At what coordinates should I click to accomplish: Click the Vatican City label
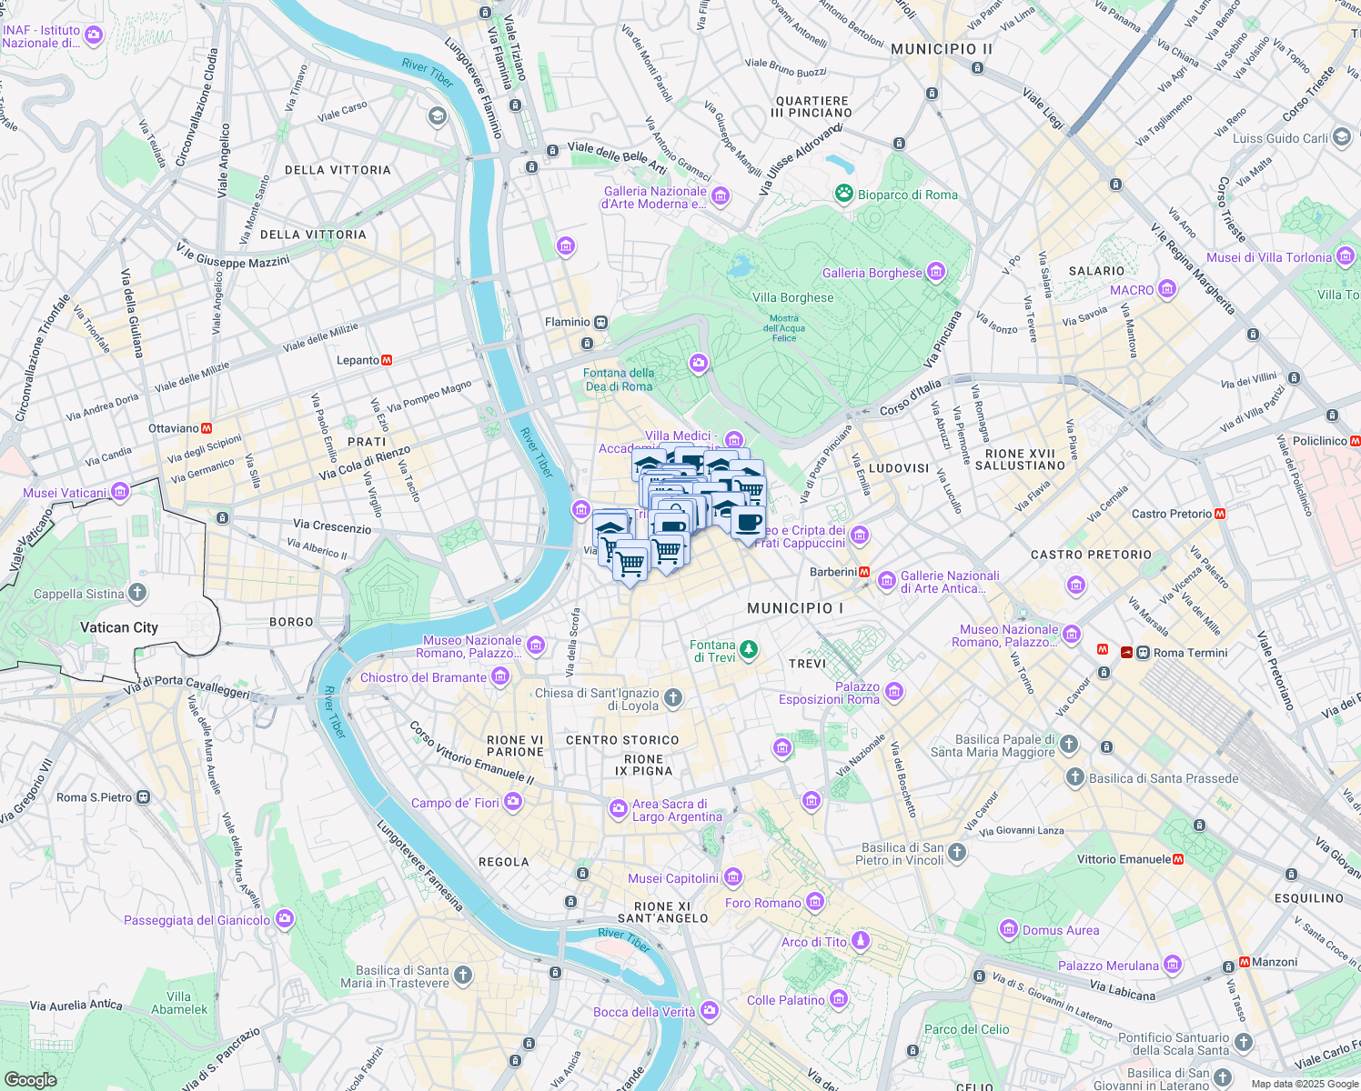tap(119, 627)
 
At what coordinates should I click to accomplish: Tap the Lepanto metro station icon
tap(387, 360)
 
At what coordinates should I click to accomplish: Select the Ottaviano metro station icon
tap(207, 428)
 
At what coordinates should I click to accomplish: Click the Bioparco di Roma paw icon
tap(844, 194)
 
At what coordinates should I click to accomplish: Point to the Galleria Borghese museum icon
tap(935, 272)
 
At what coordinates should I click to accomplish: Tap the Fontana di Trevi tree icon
tap(749, 649)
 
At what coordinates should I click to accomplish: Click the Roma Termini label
tap(1190, 653)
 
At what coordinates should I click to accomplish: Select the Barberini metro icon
tap(864, 572)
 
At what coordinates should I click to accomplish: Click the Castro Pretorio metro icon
tap(1220, 514)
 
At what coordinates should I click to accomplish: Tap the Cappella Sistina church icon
tap(137, 594)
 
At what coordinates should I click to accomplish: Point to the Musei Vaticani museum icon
tap(120, 493)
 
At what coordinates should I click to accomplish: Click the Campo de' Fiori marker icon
tap(513, 801)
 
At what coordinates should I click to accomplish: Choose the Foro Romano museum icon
tap(814, 902)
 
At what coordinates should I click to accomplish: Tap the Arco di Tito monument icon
tap(860, 941)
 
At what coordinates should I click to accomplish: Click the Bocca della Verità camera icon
tap(709, 1011)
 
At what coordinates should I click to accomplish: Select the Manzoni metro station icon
tap(1244, 962)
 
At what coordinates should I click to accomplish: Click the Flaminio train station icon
tap(601, 323)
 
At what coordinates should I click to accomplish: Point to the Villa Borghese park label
tap(792, 297)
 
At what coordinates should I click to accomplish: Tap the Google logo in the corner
tap(30, 1079)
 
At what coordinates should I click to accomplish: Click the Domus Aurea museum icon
tap(1008, 929)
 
